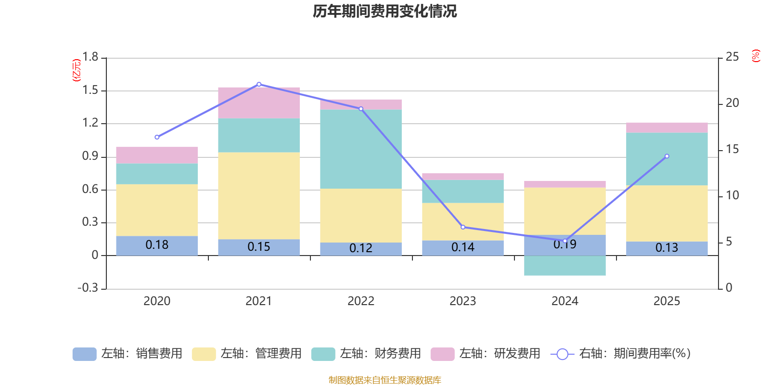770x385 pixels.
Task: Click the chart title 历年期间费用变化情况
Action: pyautogui.click(x=385, y=11)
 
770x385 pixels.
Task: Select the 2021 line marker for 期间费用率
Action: pyautogui.click(x=259, y=84)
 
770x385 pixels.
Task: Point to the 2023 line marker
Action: pyautogui.click(x=463, y=227)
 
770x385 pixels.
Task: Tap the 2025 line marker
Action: pyautogui.click(x=667, y=156)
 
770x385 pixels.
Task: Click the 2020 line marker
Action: pyautogui.click(x=157, y=137)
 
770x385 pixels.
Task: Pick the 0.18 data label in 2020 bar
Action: pyautogui.click(x=157, y=245)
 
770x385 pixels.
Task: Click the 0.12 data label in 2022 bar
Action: pyautogui.click(x=361, y=248)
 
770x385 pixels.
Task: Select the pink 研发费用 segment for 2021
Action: pyautogui.click(x=259, y=103)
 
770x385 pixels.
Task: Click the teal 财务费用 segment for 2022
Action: pyautogui.click(x=361, y=149)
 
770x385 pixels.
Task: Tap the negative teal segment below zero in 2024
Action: pyautogui.click(x=565, y=266)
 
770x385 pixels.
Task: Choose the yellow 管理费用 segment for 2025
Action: pyautogui.click(x=667, y=213)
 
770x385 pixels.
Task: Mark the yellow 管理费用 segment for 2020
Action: pyautogui.click(x=157, y=210)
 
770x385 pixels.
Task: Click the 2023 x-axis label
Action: pyautogui.click(x=463, y=301)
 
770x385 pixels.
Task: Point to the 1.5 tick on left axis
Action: pyautogui.click(x=90, y=90)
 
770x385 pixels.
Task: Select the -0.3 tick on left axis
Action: pyautogui.click(x=88, y=288)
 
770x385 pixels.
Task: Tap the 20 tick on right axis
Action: pyautogui.click(x=732, y=103)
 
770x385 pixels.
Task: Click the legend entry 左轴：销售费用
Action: pyautogui.click(x=128, y=354)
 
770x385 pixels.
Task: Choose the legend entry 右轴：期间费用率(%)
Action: pyautogui.click(x=621, y=354)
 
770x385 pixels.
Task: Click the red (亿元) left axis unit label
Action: pyautogui.click(x=77, y=70)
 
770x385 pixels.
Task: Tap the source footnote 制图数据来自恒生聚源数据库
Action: pyautogui.click(x=385, y=380)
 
